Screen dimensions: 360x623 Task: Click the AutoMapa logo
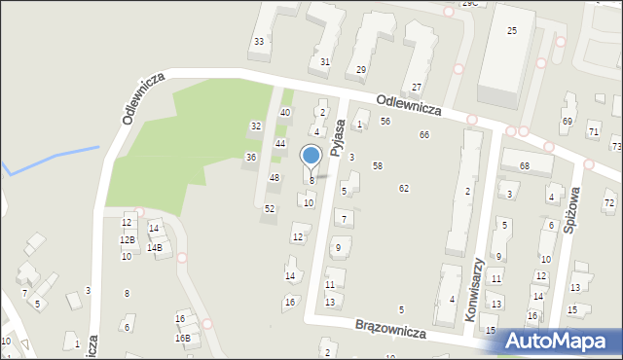[563, 341]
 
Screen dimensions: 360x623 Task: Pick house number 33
[258, 41]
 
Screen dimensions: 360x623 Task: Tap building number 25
[512, 31]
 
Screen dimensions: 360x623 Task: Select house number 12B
[127, 239]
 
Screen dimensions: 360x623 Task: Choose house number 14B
[155, 248]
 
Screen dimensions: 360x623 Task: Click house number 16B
[182, 338]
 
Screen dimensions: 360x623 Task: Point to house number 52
[270, 209]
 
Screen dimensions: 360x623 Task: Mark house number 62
[403, 188]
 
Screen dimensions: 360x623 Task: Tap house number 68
[524, 166]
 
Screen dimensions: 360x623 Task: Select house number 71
[593, 131]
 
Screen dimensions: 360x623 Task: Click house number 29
[360, 69]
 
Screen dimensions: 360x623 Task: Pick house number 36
[250, 157]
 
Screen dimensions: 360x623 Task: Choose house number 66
[423, 134]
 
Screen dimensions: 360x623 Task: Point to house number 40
[285, 113]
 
